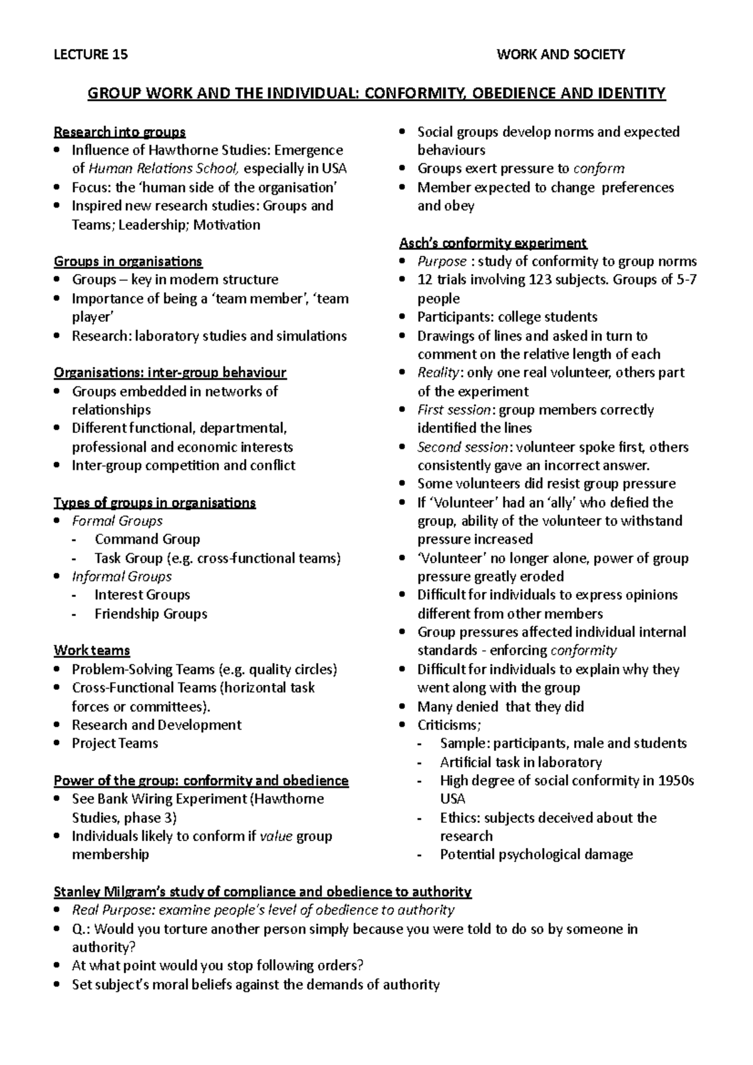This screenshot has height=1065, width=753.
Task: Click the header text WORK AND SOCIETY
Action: pos(560,55)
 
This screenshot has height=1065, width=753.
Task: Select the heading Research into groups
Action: pos(120,132)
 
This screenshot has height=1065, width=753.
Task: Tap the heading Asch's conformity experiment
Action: pos(493,243)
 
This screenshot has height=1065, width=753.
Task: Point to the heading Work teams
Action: pos(92,650)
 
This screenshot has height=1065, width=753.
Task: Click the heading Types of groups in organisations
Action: pos(155,503)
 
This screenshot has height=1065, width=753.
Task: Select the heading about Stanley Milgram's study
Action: pos(263,891)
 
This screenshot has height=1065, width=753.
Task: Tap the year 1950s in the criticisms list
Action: pos(676,781)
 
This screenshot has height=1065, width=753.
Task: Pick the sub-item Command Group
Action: pos(147,539)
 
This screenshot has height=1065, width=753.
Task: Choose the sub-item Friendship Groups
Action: pos(151,614)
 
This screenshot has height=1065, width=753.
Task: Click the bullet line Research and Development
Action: pos(156,725)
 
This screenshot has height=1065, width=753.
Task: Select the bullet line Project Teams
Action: pos(115,743)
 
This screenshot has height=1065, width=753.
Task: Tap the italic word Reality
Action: pos(439,373)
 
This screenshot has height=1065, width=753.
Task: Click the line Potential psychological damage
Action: pos(537,854)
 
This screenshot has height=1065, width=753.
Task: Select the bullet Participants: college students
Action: pos(507,317)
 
